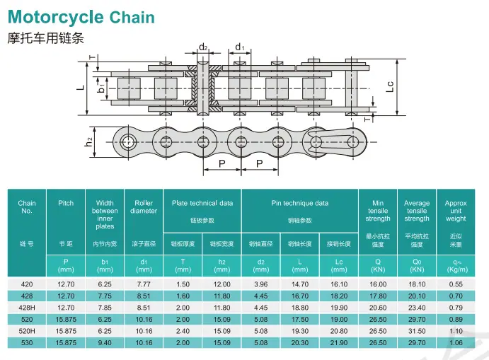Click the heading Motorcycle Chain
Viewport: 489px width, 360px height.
click(x=81, y=17)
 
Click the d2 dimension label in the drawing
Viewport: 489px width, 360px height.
click(x=203, y=47)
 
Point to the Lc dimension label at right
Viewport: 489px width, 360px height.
click(x=390, y=87)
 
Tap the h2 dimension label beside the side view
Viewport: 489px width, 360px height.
click(x=89, y=142)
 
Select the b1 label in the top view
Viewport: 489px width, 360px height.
click(x=101, y=88)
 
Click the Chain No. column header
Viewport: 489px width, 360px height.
click(x=27, y=207)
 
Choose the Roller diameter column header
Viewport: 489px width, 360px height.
click(x=144, y=207)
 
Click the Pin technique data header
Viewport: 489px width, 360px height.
click(x=300, y=203)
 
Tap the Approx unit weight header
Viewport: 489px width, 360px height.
click(x=456, y=211)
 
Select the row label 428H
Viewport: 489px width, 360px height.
click(x=27, y=308)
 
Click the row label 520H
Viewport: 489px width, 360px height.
click(x=27, y=331)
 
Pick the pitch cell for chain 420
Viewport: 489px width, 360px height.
click(x=66, y=284)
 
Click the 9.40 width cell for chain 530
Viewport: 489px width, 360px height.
click(x=105, y=343)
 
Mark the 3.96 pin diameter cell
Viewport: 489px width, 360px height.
click(x=260, y=284)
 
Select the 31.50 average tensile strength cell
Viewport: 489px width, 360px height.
click(x=417, y=331)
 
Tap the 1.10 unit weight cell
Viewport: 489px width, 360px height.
click(x=456, y=331)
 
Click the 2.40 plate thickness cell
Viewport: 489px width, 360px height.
click(x=183, y=331)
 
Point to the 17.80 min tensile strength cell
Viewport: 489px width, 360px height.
click(x=378, y=296)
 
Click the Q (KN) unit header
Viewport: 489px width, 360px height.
click(x=378, y=265)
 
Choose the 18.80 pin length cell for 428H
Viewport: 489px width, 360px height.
click(x=300, y=308)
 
